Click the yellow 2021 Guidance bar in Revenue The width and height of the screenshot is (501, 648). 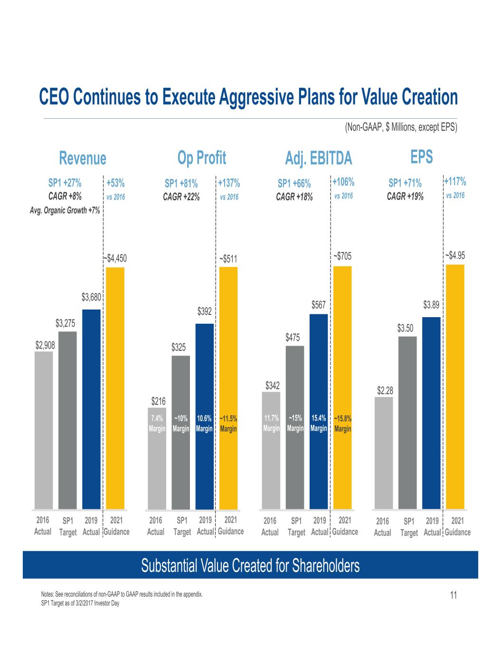pos(115,387)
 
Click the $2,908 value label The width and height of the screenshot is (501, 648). pos(45,346)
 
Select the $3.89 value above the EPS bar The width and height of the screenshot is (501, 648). pos(431,305)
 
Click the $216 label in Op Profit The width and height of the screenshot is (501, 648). pos(159,402)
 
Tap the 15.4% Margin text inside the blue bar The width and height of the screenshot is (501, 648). pos(319,423)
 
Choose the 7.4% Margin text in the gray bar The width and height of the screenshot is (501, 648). pos(157,423)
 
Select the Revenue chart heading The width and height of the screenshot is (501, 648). pos(82,158)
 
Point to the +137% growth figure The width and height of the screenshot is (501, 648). pos(229,183)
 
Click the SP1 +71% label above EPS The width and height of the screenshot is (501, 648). pos(405,183)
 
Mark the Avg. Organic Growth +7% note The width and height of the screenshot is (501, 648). pos(66,210)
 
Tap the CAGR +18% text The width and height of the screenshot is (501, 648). pos(294,197)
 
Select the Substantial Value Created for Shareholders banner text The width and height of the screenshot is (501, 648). pos(250,565)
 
